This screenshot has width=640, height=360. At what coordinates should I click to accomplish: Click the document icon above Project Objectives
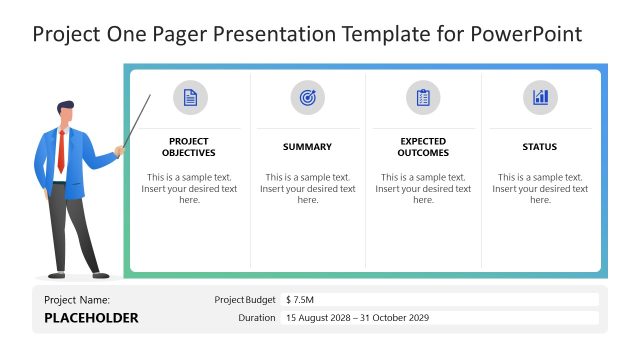point(190,98)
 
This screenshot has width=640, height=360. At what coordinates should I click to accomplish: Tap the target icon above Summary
point(307,98)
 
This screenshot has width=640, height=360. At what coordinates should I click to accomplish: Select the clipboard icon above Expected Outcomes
point(423,98)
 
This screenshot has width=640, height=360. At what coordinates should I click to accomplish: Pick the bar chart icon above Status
point(540,98)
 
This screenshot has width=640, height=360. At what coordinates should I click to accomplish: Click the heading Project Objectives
point(190,147)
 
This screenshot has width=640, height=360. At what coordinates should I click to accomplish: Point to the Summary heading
point(307,147)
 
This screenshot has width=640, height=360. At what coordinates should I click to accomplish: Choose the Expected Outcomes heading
point(423,147)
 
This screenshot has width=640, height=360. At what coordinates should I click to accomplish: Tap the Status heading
point(540,147)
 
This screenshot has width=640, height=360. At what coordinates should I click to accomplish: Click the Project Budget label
point(245,299)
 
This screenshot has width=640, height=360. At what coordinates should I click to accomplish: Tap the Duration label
point(257,318)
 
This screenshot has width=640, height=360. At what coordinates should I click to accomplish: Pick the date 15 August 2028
point(320,318)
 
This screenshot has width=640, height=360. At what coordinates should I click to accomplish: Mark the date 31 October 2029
point(393,318)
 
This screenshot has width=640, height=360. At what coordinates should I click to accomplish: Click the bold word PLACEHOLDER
point(91,318)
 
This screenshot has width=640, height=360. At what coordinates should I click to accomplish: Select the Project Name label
point(77,299)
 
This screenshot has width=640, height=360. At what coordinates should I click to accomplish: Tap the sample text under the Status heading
point(540,188)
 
